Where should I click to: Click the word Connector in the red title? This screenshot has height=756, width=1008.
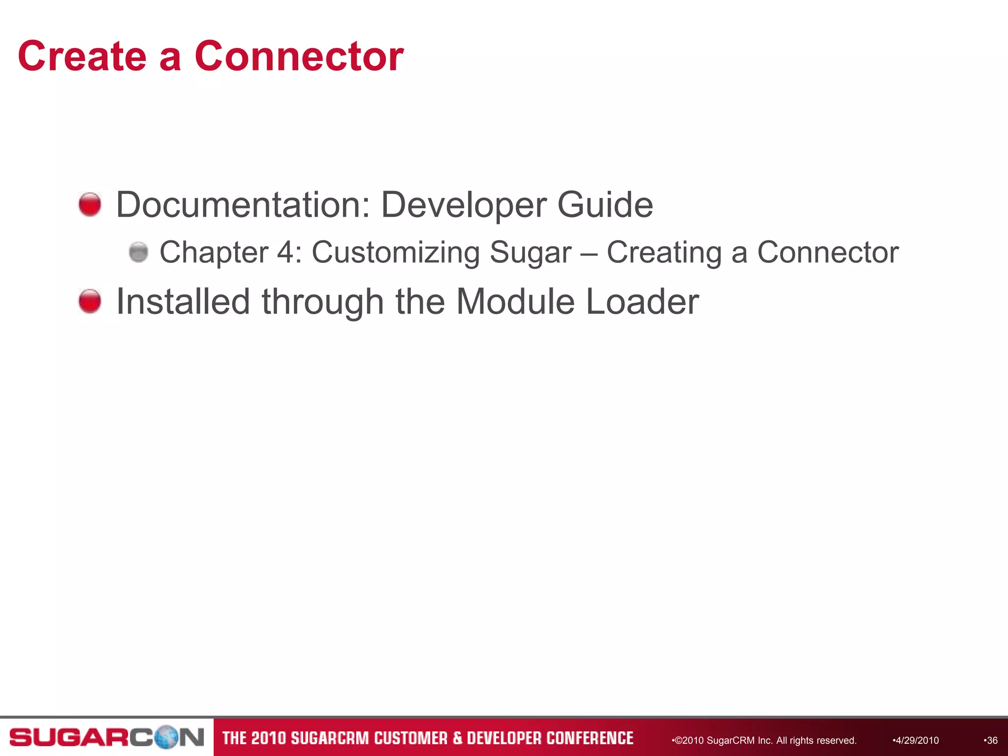point(299,57)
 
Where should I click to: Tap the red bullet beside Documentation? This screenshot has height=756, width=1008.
point(90,204)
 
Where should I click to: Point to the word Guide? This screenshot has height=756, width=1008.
point(605,205)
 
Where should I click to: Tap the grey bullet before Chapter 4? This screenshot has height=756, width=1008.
point(138,252)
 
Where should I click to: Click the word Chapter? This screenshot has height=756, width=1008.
point(214,253)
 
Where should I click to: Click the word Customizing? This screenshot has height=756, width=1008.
point(395,253)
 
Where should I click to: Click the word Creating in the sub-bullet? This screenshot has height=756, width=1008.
point(664,253)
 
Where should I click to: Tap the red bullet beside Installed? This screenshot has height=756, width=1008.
point(90,301)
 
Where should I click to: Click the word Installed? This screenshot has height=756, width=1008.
point(183,301)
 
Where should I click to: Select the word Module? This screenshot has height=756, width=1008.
point(515,301)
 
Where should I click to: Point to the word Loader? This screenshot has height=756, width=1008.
point(642,301)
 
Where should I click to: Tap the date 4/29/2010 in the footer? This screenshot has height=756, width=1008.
point(916,740)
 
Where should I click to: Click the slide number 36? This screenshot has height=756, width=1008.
point(991,740)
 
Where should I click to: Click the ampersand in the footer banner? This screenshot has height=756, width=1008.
point(457,738)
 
